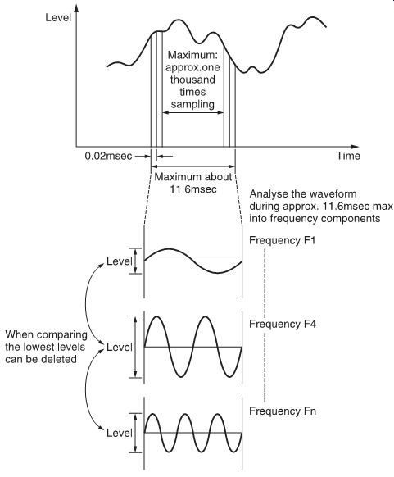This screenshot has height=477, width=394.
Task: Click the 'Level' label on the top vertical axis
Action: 58,17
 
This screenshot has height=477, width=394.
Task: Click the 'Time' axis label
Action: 348,156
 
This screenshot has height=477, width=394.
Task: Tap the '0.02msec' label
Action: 108,156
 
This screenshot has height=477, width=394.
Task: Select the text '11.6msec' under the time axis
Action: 193,189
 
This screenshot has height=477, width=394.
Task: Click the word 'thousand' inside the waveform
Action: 192,79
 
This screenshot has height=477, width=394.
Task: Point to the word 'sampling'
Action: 192,104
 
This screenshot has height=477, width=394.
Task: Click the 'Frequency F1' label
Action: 283,240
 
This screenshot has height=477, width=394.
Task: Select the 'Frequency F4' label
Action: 283,324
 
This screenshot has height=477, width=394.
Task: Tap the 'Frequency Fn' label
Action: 283,411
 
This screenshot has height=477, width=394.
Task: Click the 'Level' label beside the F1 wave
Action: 119,261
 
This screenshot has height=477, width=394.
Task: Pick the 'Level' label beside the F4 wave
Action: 119,348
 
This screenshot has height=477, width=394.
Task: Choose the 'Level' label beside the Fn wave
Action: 119,434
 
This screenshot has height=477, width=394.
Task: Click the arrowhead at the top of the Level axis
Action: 76,8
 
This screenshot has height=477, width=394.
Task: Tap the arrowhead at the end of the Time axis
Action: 355,147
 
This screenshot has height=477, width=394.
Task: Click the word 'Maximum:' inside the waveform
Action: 192,55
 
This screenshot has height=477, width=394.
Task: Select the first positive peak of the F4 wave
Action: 157,317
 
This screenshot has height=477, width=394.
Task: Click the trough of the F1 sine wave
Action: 217,273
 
